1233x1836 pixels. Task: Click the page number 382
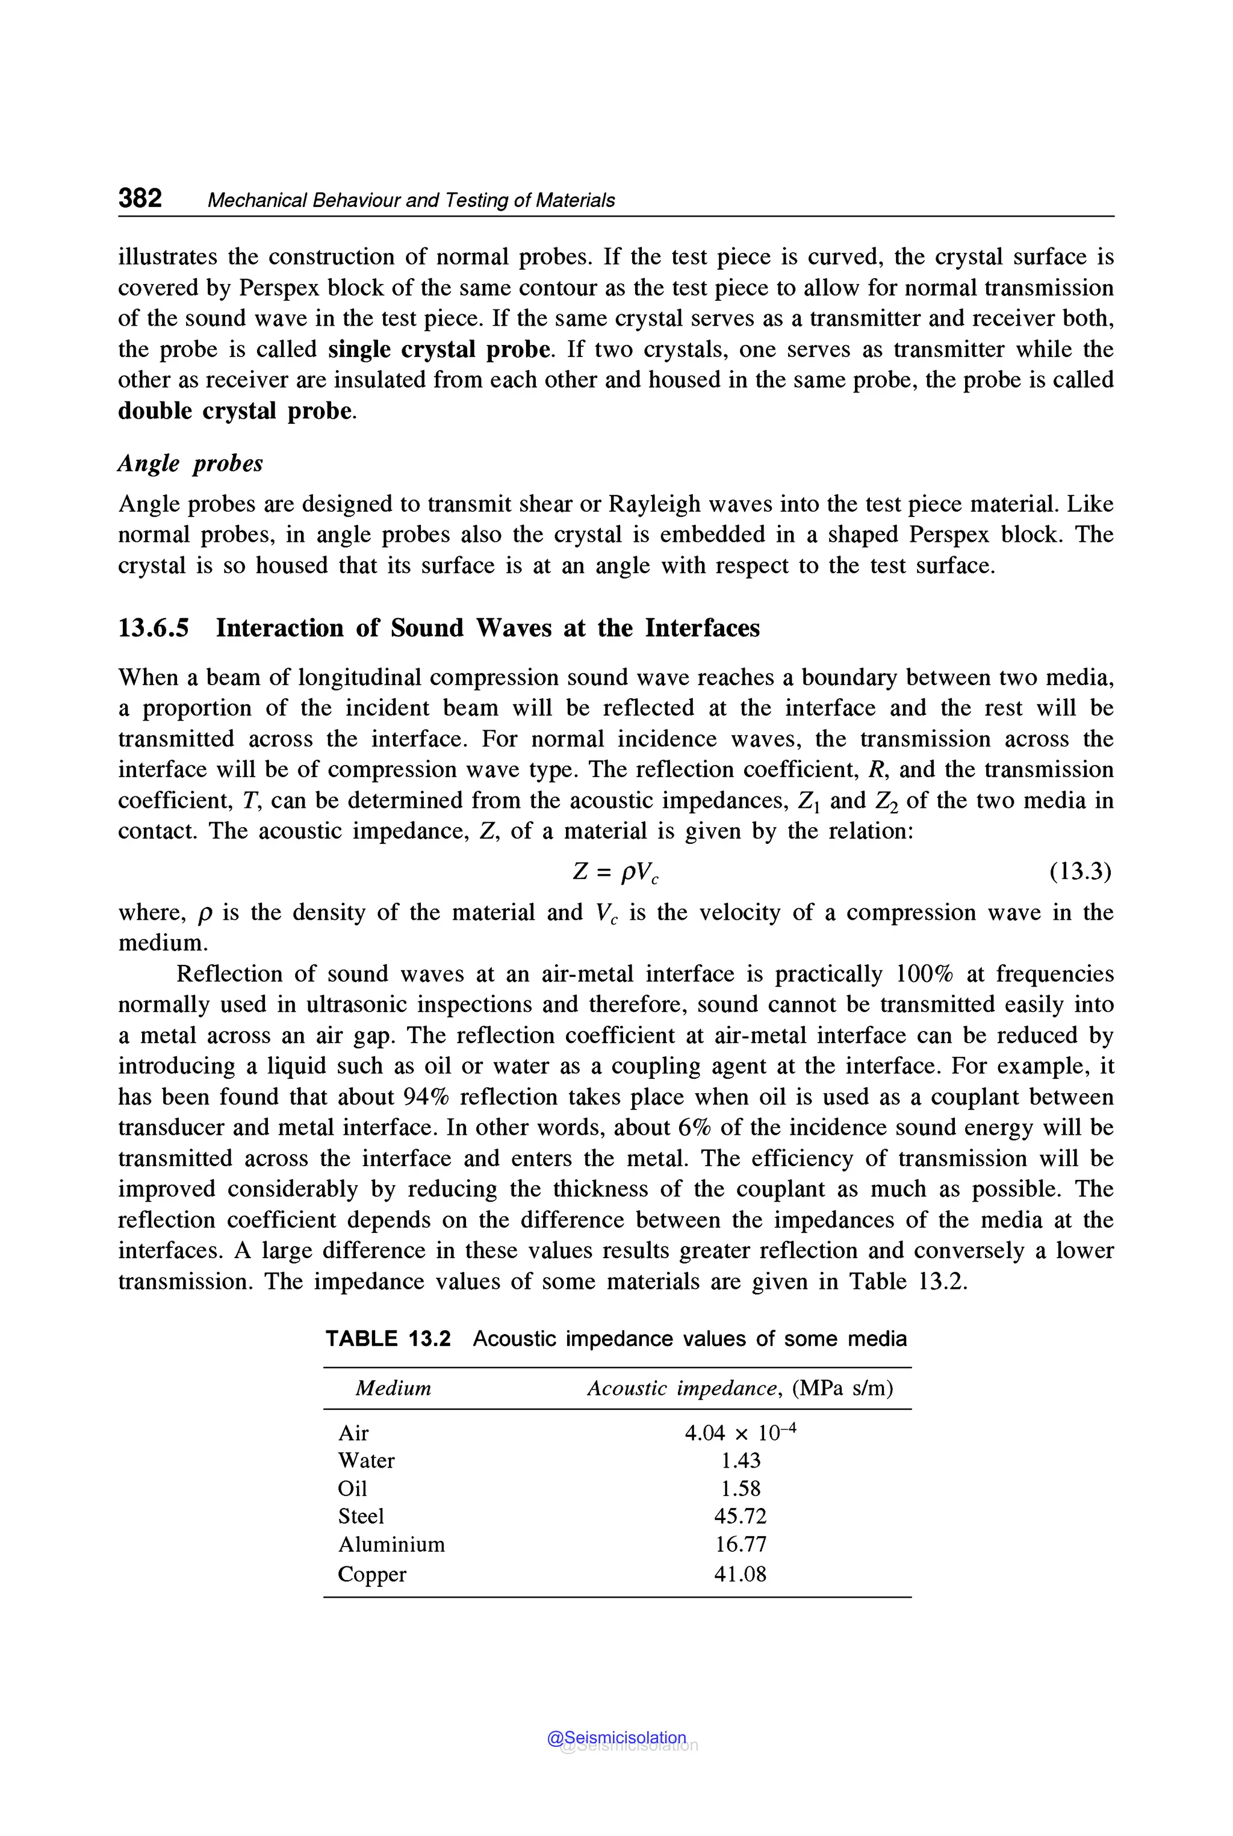(x=140, y=198)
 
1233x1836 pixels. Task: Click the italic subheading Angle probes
(x=190, y=463)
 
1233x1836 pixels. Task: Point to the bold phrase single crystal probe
(x=439, y=349)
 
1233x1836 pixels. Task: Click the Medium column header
(x=393, y=1388)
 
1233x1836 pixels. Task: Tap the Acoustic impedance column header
(x=739, y=1388)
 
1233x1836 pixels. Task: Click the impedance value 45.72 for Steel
(x=740, y=1516)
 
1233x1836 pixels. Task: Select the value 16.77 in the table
(x=740, y=1544)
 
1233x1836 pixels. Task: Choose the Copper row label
(x=372, y=1574)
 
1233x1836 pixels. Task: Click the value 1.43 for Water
(x=740, y=1460)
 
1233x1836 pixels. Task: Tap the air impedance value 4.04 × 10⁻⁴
(x=740, y=1433)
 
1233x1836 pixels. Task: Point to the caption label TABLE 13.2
(x=388, y=1338)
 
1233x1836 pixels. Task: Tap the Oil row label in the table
(x=352, y=1489)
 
